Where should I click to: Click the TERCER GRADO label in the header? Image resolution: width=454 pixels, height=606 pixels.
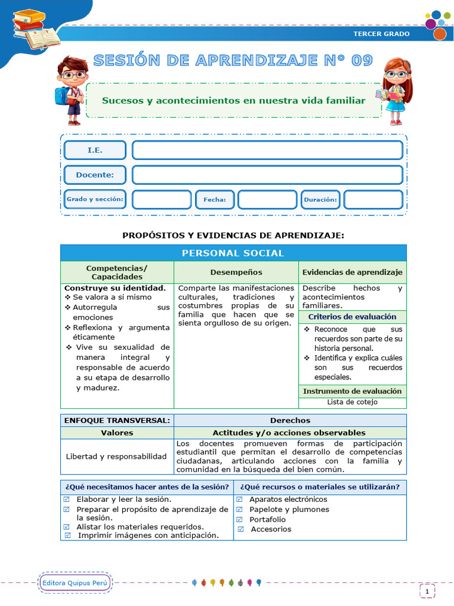381,34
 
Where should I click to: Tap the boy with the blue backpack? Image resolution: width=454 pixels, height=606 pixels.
72,89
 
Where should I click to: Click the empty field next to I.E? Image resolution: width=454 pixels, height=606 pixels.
267,150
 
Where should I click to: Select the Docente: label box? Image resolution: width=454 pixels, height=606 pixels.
95,175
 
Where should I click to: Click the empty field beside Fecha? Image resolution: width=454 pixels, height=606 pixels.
267,200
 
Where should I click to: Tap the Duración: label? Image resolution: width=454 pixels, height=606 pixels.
320,200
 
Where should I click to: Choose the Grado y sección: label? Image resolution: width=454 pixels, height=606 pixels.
95,200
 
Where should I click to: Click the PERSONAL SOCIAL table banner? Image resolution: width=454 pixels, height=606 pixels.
233,253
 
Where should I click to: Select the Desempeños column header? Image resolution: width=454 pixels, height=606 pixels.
236,272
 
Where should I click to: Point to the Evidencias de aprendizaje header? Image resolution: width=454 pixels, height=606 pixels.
352,272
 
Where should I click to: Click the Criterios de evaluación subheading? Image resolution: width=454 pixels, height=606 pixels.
352,317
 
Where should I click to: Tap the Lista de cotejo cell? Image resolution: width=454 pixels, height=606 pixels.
352,402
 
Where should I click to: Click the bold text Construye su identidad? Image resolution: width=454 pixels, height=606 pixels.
115,288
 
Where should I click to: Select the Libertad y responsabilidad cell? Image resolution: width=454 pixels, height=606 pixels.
116,456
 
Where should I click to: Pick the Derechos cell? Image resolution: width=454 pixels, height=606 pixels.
290,420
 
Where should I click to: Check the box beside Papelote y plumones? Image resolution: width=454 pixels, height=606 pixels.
240,510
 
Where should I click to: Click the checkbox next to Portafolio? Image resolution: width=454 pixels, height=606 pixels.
240,520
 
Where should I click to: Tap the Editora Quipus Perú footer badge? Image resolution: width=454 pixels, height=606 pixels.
75,583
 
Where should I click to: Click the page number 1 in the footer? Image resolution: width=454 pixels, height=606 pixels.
427,591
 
